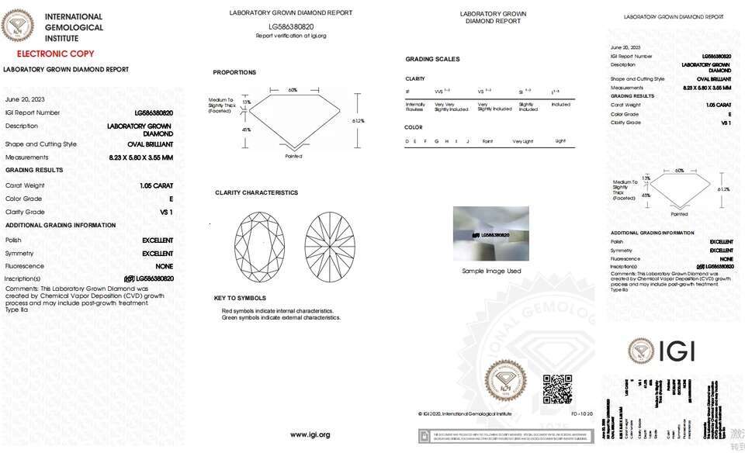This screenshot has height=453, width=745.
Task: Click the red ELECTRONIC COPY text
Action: (x=55, y=54)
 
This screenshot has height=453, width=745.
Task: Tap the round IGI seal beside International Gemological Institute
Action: (x=18, y=25)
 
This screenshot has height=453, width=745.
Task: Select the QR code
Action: (x=556, y=389)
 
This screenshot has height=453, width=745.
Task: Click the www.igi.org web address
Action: (x=310, y=434)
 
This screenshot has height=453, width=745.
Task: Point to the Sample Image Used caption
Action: (x=491, y=271)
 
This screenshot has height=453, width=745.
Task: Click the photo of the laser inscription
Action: (x=490, y=233)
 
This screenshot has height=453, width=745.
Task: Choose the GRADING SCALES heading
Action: (x=432, y=59)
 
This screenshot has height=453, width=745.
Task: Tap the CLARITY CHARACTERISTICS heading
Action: (x=256, y=192)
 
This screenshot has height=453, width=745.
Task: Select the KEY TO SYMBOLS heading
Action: (x=240, y=298)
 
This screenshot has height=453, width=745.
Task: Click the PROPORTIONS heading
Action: (x=234, y=72)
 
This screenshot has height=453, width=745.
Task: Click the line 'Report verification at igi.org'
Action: (x=291, y=36)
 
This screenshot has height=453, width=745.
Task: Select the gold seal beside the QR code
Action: (x=506, y=381)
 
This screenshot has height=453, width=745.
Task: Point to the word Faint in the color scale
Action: (x=487, y=141)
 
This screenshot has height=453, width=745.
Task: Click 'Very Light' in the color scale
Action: (x=522, y=141)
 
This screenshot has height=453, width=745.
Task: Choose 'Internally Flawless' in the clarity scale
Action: (x=415, y=106)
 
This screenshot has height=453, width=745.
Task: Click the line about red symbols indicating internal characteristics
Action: (x=277, y=310)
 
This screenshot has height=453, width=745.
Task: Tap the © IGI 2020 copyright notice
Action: (x=465, y=414)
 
